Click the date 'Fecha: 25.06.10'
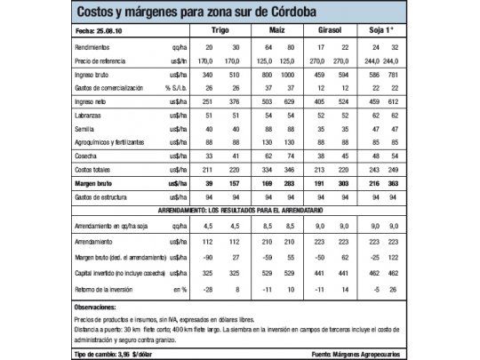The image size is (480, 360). coord(95,32)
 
